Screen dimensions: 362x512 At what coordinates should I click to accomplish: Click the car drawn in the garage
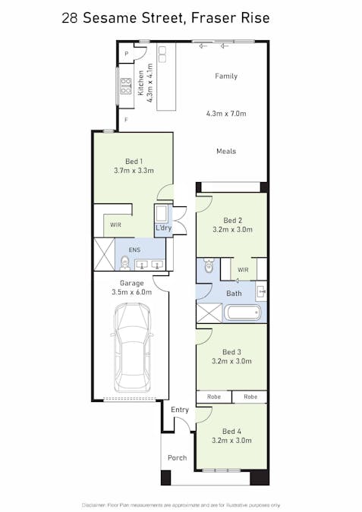tap(131, 347)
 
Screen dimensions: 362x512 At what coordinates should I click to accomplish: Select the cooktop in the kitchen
tap(126, 86)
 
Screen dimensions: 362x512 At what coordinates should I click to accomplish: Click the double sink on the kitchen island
tap(162, 54)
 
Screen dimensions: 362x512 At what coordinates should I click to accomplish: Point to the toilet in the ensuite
tap(124, 263)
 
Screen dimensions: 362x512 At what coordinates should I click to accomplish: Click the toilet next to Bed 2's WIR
tap(209, 265)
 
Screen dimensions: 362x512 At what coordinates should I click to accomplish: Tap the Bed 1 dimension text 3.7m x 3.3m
tap(134, 171)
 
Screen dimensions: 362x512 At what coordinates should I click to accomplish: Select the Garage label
tap(131, 283)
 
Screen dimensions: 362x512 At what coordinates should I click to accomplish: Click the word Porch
tap(177, 458)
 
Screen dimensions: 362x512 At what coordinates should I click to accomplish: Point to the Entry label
tap(180, 410)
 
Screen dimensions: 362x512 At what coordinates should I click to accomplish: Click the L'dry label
tap(163, 228)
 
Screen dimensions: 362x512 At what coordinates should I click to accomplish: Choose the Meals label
tap(226, 151)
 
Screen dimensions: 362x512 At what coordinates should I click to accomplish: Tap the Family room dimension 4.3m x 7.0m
tap(226, 114)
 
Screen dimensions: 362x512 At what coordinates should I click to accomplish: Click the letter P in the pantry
tap(126, 54)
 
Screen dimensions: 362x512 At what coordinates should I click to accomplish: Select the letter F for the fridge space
tap(126, 120)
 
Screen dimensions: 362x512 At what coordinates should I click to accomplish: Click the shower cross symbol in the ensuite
tap(104, 254)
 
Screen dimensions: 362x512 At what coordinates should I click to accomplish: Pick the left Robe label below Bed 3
tap(214, 397)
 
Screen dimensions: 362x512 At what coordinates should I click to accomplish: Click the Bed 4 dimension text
tap(231, 441)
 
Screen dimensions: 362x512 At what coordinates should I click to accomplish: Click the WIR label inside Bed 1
tap(115, 225)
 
